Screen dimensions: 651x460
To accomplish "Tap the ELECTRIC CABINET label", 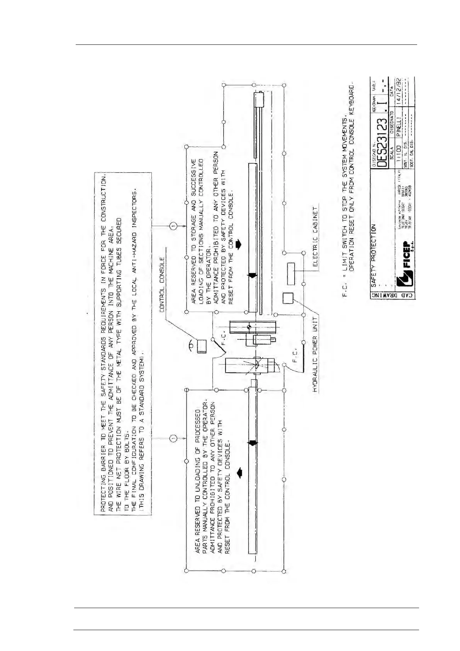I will (x=315, y=236).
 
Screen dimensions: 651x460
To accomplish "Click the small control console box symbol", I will (x=202, y=346).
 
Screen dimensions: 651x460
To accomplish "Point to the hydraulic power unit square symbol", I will (x=288, y=298).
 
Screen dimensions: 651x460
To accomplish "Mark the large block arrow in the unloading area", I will (x=239, y=472).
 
